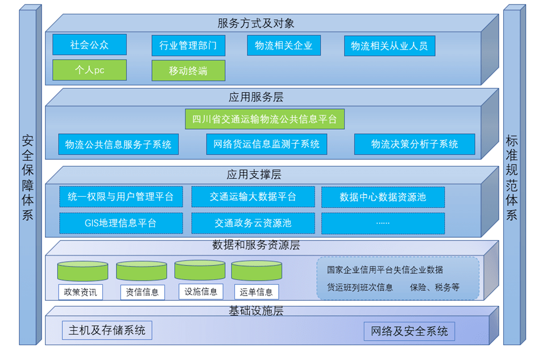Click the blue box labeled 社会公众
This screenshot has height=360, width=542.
point(89,44)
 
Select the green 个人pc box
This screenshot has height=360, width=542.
point(89,70)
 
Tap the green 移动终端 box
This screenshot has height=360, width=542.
point(188,71)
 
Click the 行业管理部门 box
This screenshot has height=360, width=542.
point(188,45)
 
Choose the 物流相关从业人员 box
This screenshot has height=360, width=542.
point(390,45)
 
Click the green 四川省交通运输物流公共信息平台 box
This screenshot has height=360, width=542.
point(265,119)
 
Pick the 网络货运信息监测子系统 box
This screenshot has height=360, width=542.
point(267,144)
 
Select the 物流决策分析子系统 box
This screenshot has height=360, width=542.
point(415,144)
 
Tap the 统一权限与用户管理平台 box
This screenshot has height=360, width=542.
point(121,197)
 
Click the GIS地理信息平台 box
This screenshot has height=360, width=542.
point(121,224)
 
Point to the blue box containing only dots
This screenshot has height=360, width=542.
point(383,224)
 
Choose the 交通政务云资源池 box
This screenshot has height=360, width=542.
point(253,224)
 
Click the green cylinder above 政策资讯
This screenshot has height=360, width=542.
point(82,271)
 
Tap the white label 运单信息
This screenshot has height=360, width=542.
point(256,292)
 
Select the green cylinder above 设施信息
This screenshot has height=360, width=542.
point(200,270)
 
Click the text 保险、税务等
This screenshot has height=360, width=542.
point(435,287)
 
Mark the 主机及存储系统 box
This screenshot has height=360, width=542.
point(107,330)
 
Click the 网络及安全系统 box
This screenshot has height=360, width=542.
point(409,332)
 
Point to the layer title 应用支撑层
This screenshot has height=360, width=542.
point(254,174)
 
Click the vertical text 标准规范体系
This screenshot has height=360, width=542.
point(512,178)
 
